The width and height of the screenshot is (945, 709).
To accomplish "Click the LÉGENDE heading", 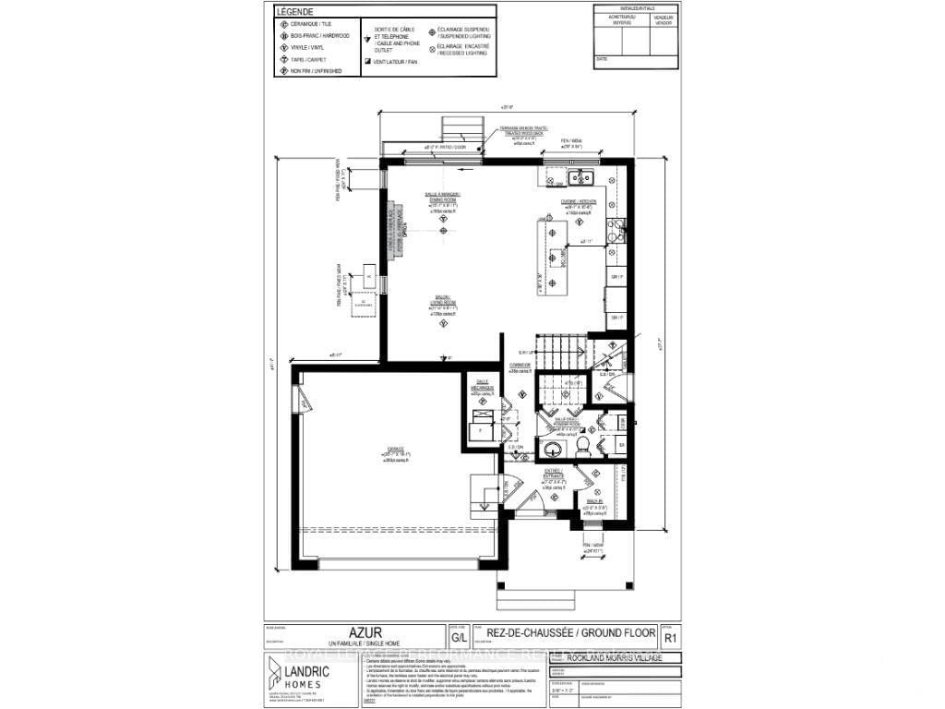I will pyautogui.click(x=295, y=11).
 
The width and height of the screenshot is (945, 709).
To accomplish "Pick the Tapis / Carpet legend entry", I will pyautogui.click(x=305, y=59).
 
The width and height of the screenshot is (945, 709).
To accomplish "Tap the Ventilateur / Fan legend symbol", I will pyautogui.click(x=368, y=62).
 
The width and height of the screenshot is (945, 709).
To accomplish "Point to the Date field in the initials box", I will pyautogui.click(x=603, y=58).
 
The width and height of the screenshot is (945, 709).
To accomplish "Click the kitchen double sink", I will pyautogui.click(x=580, y=177).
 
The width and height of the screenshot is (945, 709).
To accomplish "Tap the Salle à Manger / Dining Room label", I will pyautogui.click(x=443, y=198).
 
